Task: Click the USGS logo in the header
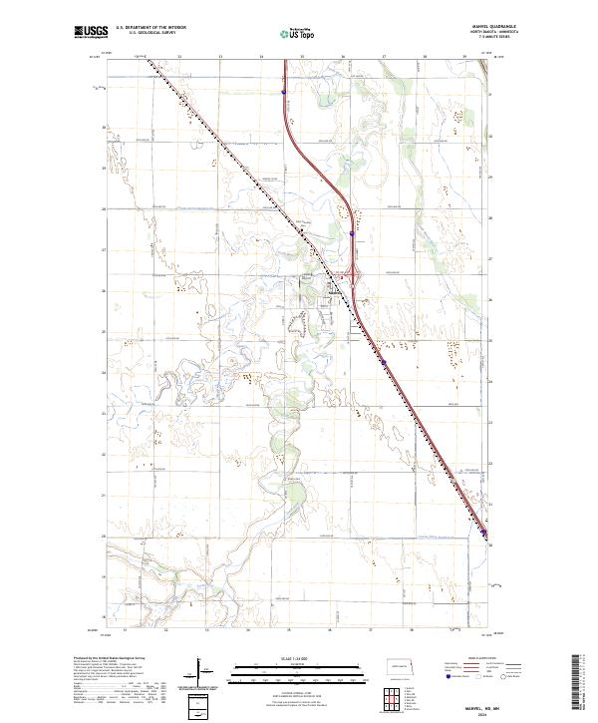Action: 91,33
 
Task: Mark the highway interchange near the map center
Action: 349,275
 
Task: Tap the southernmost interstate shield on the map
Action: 486,543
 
